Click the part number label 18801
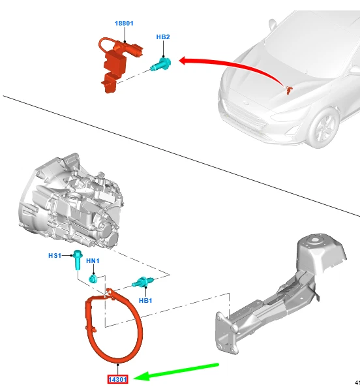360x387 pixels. [x=124, y=23]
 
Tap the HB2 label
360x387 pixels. [x=163, y=37]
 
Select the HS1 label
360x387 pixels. [x=55, y=255]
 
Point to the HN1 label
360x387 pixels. [x=93, y=260]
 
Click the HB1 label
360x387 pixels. [x=145, y=300]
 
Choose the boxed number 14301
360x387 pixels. [x=117, y=379]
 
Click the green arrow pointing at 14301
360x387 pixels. [x=176, y=371]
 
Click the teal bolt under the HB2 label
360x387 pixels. [x=161, y=64]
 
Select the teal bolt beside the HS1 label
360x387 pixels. [x=78, y=260]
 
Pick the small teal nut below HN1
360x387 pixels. [x=93, y=279]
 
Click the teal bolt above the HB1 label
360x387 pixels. [x=143, y=282]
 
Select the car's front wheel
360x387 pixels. [x=323, y=128]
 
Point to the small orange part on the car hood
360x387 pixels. [x=289, y=90]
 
